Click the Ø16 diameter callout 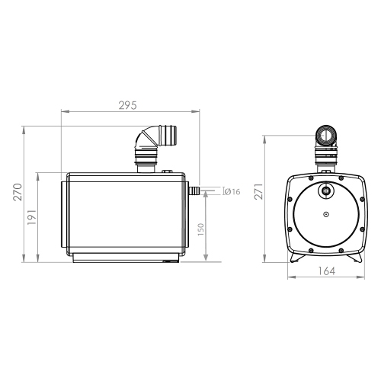click(232, 191)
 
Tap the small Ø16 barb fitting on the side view click(194, 187)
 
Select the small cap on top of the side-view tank click(167, 171)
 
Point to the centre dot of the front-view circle click(325, 214)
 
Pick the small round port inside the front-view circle click(325, 190)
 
